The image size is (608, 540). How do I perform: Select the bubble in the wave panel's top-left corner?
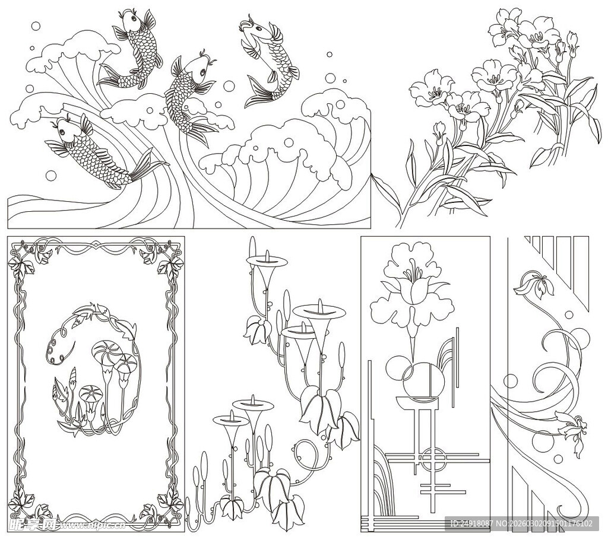(36, 26)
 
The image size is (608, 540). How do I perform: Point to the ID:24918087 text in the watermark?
(472, 524)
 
